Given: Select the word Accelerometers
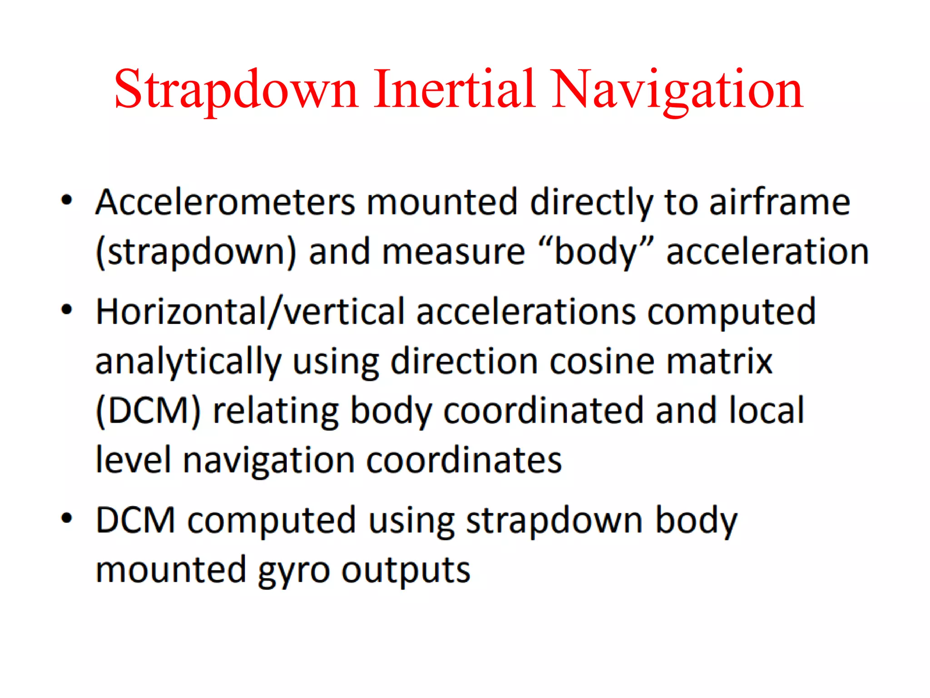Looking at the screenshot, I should (225, 202).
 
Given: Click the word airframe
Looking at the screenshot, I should (780, 202).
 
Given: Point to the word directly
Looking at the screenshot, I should (591, 203).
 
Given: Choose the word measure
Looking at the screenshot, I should (453, 252).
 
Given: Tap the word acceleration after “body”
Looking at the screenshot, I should (767, 252).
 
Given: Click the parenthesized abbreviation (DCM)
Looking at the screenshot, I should (148, 411).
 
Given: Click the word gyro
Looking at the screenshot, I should (293, 571).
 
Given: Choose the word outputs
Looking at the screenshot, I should (406, 571).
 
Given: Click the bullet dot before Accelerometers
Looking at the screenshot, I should (67, 200).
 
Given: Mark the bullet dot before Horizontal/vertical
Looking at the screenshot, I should (67, 310).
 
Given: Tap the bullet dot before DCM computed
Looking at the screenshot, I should (67, 518).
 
